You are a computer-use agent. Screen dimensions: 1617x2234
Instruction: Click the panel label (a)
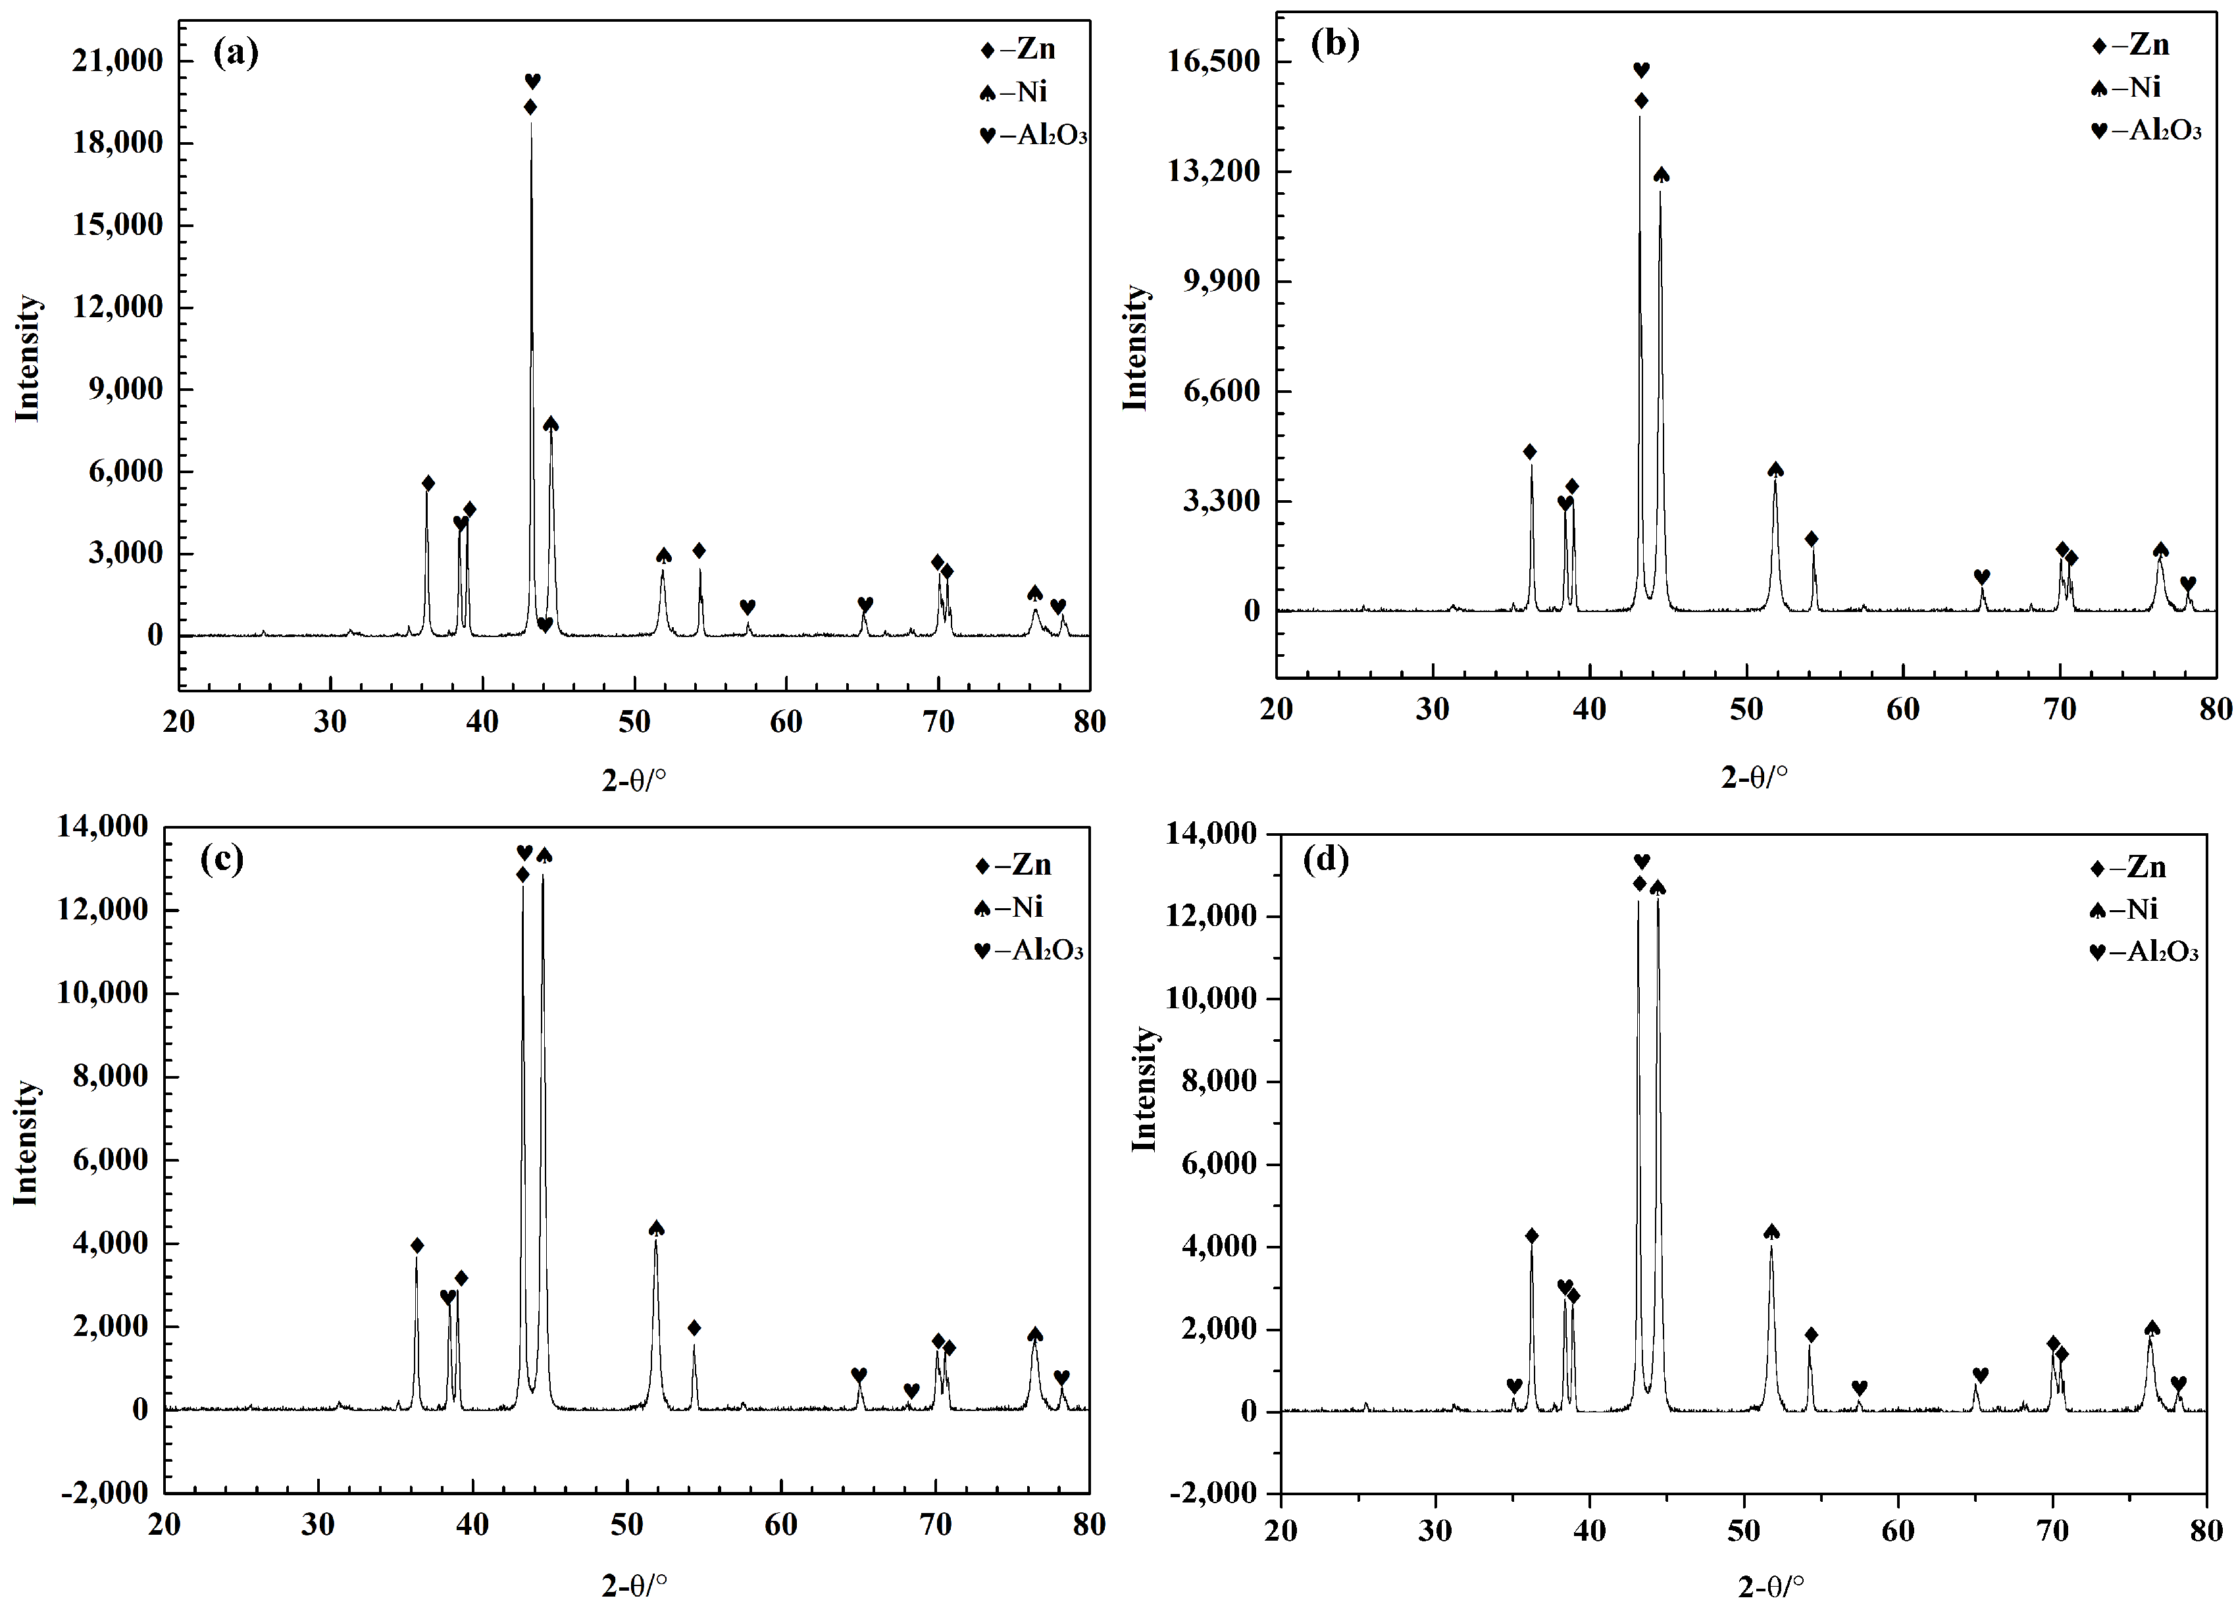[236, 52]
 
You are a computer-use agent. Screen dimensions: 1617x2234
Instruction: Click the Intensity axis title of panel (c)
[26, 1143]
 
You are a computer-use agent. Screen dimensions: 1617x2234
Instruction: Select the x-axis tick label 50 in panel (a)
[634, 722]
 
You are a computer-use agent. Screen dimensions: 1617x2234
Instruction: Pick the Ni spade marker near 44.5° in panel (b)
[1662, 174]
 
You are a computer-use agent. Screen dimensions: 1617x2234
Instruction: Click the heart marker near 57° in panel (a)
[748, 606]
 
